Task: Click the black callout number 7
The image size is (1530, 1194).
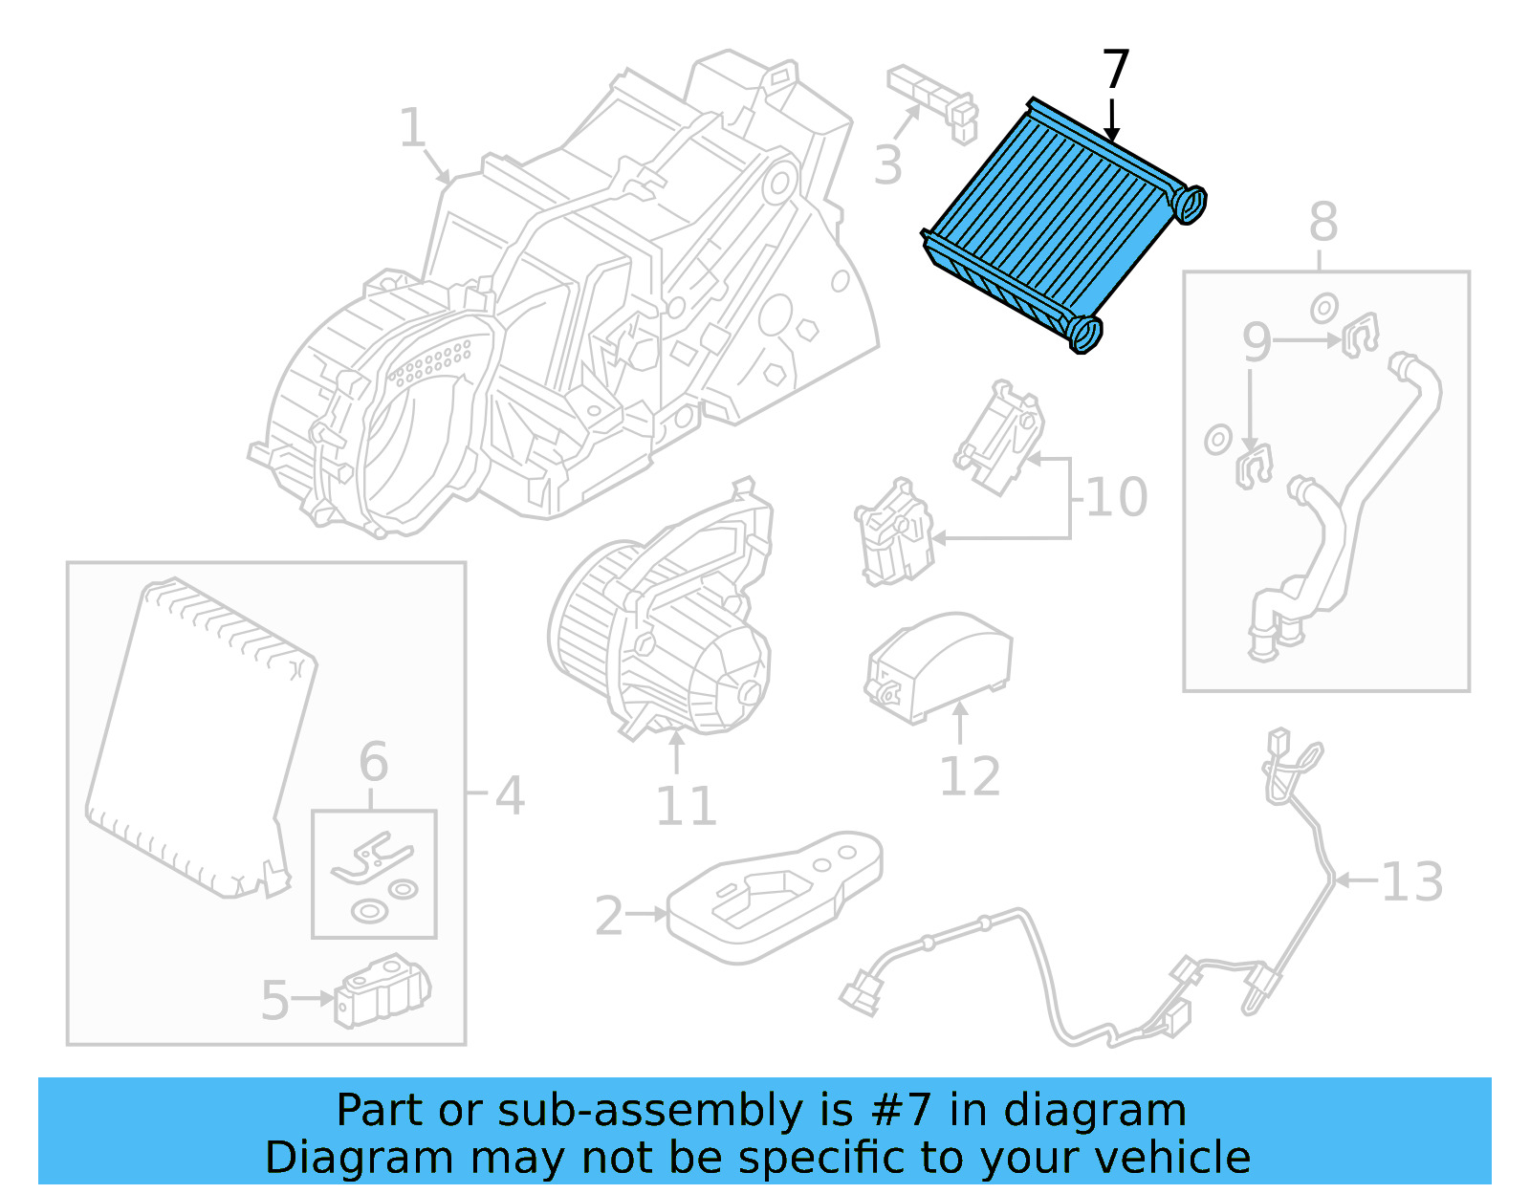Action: coord(1116,70)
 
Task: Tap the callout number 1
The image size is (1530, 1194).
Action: coord(412,128)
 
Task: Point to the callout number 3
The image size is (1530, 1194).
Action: coord(887,165)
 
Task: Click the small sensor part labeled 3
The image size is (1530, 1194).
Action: coord(932,101)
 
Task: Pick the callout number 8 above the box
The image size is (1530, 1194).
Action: coord(1322,222)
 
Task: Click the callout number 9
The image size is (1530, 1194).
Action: coord(1257,342)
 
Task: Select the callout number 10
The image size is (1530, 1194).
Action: coord(1117,497)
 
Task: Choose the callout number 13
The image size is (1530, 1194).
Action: coord(1412,881)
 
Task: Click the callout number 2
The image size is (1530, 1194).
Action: coord(609,916)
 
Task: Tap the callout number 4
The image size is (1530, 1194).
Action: coord(510,795)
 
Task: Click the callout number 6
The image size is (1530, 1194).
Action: coord(374,762)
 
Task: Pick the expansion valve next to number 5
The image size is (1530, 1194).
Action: coord(382,993)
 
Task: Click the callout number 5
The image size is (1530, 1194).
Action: coord(274,1001)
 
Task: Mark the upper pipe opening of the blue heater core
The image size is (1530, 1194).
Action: coord(1189,203)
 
